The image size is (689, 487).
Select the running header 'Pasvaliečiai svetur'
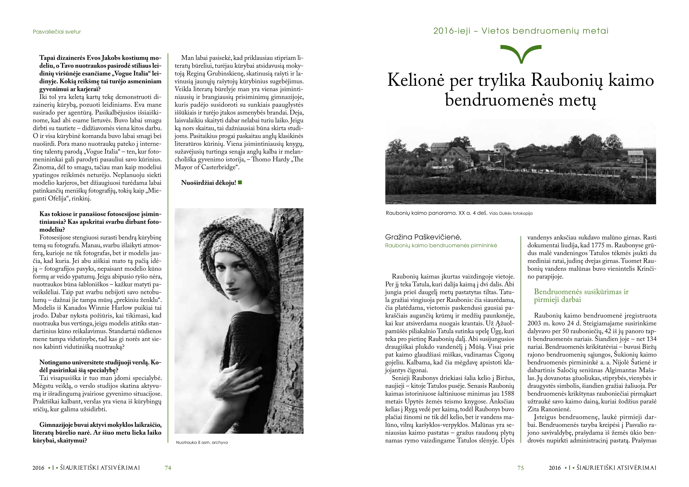tap(57, 31)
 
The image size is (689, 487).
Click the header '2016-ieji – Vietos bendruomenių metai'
tap(521, 31)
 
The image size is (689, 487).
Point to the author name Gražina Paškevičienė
tap(423, 237)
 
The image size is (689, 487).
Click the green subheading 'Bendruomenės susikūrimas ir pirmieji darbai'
tap(581, 296)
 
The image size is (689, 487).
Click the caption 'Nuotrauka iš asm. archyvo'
tap(202, 442)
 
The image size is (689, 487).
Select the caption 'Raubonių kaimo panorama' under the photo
tap(436, 213)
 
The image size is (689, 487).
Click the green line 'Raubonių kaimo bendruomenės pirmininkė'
tap(441, 245)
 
